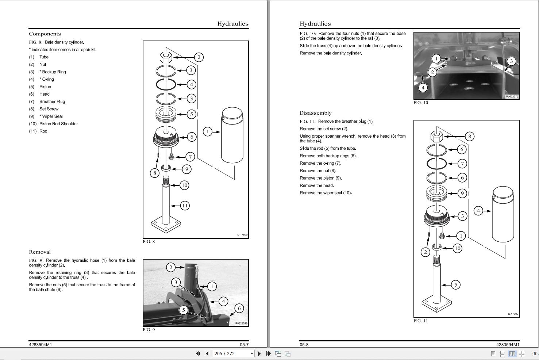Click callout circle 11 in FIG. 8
185,206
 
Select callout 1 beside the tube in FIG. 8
207,131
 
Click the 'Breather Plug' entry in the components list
52,102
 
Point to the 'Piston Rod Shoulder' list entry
58,124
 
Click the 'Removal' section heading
40,252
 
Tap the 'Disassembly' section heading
315,113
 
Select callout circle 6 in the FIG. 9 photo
239,308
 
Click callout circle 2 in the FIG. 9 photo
171,267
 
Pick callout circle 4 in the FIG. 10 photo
423,87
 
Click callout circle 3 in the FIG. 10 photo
511,61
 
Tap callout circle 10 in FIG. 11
457,248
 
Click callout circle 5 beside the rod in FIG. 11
455,284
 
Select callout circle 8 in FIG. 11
469,137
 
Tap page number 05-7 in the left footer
244,345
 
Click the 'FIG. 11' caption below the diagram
420,321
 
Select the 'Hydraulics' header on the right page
315,24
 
